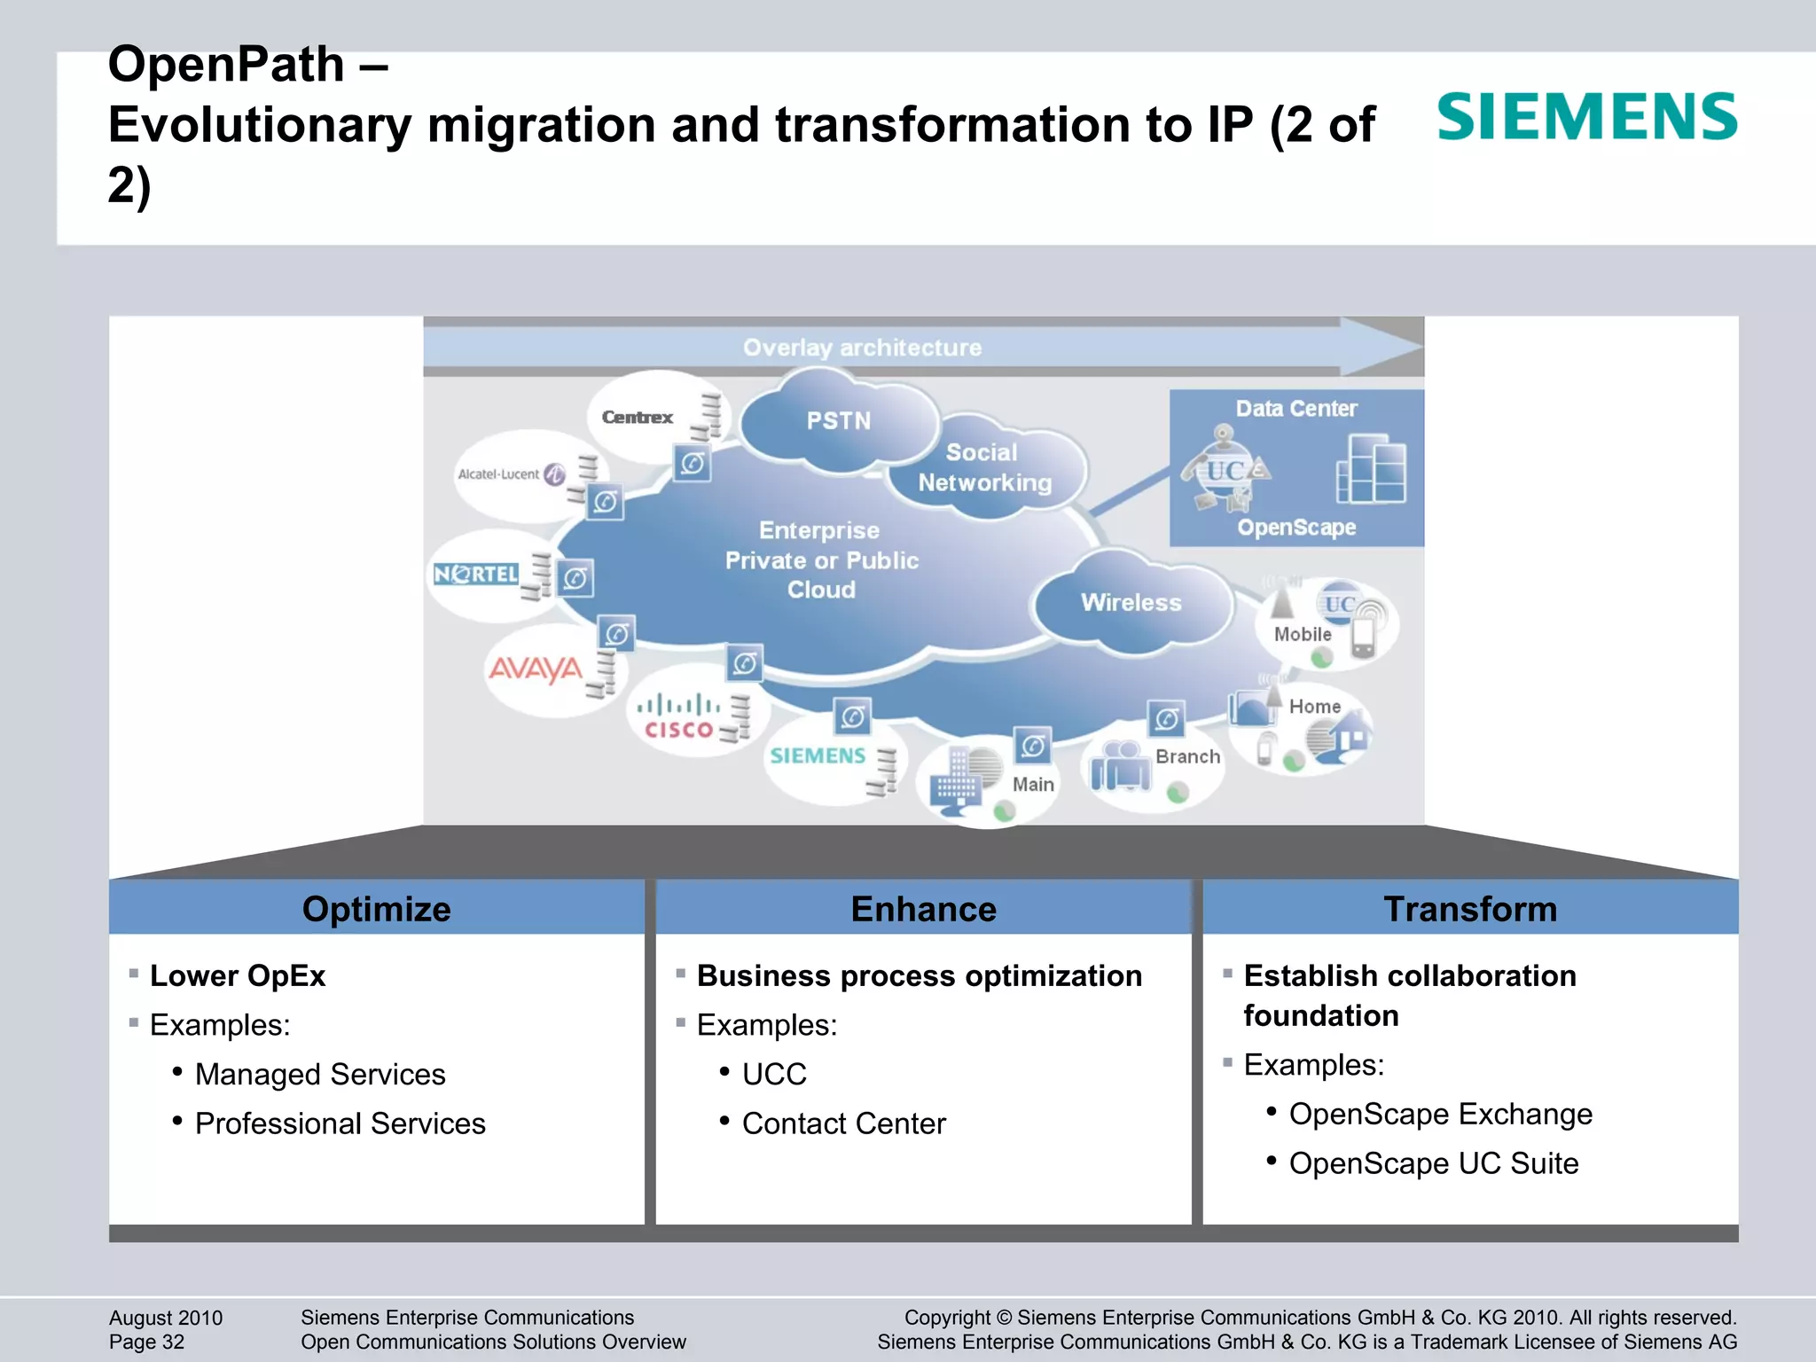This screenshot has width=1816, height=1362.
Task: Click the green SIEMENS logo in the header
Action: (x=1586, y=117)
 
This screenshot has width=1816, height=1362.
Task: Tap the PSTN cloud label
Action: (x=838, y=420)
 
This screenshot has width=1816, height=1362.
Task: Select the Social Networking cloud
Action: (x=984, y=467)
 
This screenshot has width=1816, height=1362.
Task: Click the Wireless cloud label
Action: (x=1131, y=602)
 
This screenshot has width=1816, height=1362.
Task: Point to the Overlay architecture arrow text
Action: (x=862, y=348)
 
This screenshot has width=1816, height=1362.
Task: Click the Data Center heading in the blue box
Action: (x=1295, y=409)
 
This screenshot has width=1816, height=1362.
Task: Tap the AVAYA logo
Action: (x=536, y=669)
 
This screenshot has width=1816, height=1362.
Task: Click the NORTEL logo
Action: (x=476, y=575)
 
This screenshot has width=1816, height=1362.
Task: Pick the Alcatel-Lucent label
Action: (x=498, y=474)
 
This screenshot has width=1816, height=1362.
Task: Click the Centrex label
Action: (x=637, y=417)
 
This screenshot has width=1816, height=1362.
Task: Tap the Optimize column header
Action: (x=376, y=909)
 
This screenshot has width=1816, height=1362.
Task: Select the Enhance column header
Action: (x=923, y=909)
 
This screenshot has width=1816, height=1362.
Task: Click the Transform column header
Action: (x=1470, y=909)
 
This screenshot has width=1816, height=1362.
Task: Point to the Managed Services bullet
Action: (x=319, y=1074)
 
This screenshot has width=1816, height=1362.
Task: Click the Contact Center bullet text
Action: (x=843, y=1123)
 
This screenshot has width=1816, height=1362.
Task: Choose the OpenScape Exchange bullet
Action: (x=1440, y=1114)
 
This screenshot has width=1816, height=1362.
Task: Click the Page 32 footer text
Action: (x=146, y=1342)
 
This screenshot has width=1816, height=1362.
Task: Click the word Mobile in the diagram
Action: (x=1302, y=634)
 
